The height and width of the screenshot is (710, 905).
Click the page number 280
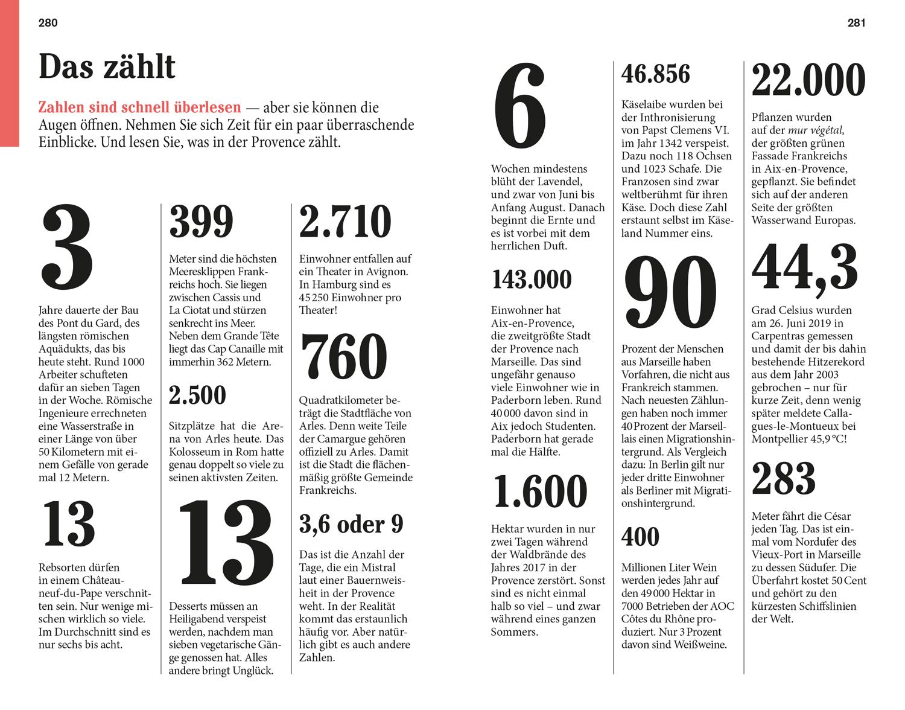click(48, 23)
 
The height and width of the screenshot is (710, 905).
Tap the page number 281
click(856, 23)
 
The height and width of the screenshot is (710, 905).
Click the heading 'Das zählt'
click(107, 66)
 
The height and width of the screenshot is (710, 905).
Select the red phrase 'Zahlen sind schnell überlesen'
click(139, 108)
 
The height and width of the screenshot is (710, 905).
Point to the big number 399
click(201, 222)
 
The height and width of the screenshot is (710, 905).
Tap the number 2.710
click(345, 222)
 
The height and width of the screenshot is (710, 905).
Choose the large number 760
click(343, 357)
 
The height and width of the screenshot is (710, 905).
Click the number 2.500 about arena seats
click(197, 395)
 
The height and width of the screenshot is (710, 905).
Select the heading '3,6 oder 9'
click(351, 524)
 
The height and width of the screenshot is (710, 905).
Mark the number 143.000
click(532, 280)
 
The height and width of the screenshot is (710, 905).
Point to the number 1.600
click(540, 492)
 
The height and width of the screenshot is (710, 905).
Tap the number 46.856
click(656, 74)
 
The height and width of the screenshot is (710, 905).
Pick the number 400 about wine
click(640, 537)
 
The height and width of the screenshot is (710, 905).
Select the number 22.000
click(808, 80)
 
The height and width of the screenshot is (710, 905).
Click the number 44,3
click(805, 269)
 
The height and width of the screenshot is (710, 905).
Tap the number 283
click(784, 478)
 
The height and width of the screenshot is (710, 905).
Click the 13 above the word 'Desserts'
click(226, 544)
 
